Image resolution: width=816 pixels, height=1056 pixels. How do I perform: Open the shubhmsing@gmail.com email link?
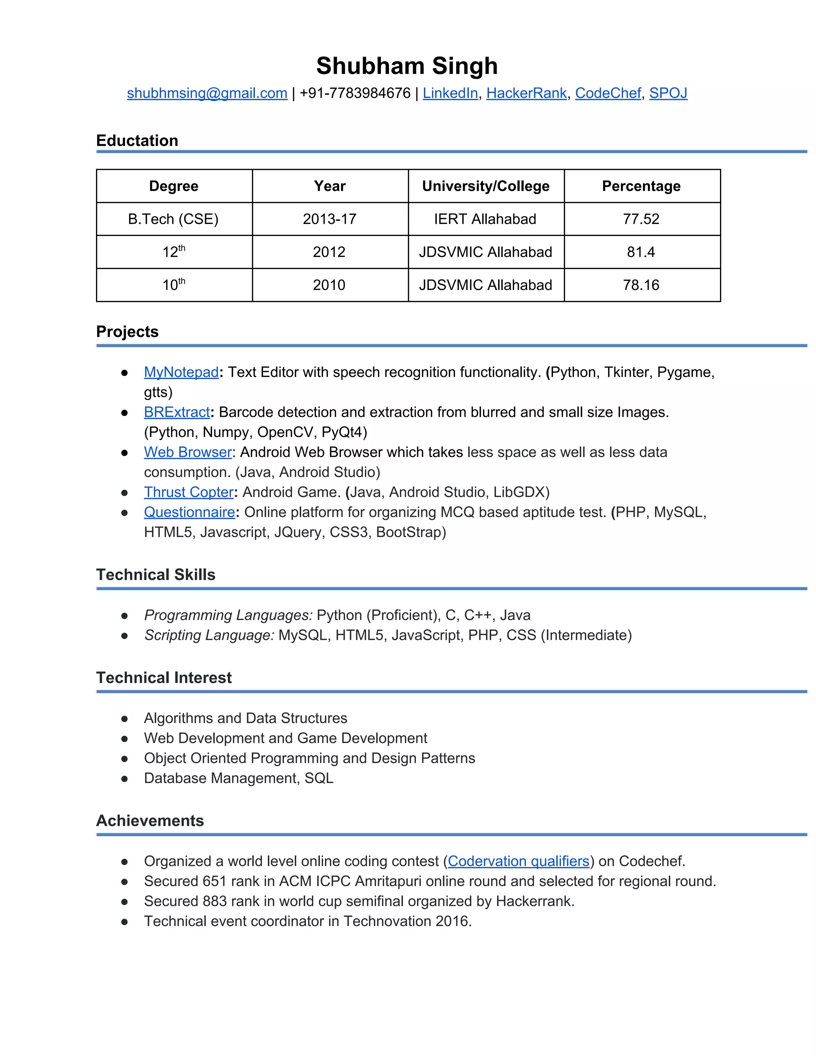(x=207, y=93)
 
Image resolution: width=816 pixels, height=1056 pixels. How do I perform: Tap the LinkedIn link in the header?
(x=450, y=93)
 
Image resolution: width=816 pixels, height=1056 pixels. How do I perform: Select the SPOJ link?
(x=668, y=93)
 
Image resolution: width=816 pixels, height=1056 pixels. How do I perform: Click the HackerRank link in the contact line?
(x=526, y=93)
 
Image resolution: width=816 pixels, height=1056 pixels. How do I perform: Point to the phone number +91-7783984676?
(x=355, y=93)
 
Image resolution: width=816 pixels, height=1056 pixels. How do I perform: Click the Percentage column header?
(x=641, y=186)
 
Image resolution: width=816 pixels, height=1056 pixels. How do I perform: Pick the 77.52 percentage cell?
(x=641, y=219)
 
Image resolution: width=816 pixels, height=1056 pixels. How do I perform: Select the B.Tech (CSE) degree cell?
(x=173, y=219)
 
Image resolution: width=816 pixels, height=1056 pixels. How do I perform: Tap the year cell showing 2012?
(x=329, y=252)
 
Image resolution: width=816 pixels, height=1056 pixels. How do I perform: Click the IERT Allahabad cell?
(x=485, y=219)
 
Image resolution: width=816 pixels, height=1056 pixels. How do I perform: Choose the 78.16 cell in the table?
(x=641, y=285)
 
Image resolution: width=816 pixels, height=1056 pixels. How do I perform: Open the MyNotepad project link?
(x=181, y=372)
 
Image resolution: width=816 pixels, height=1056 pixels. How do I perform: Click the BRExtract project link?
(x=177, y=412)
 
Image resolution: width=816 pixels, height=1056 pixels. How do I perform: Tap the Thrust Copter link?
(x=188, y=492)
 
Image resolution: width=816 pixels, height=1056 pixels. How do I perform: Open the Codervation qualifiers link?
(x=518, y=861)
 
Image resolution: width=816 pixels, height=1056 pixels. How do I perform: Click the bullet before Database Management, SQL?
(x=124, y=779)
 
